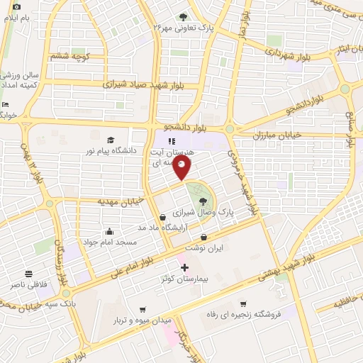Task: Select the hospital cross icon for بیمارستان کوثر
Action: point(185,268)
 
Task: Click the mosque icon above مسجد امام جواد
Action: point(109,231)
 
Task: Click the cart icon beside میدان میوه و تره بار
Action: point(144,310)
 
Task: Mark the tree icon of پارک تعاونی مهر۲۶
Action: point(184,17)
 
